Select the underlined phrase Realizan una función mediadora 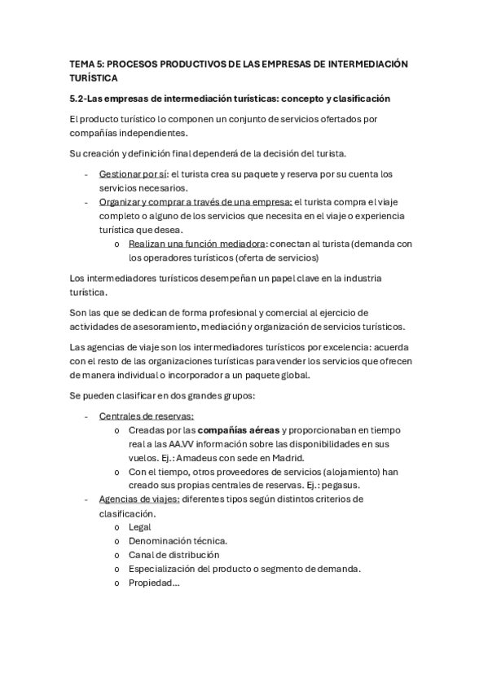196,244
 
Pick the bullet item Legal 140,526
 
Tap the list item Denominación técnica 178,540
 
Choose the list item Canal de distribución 174,554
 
